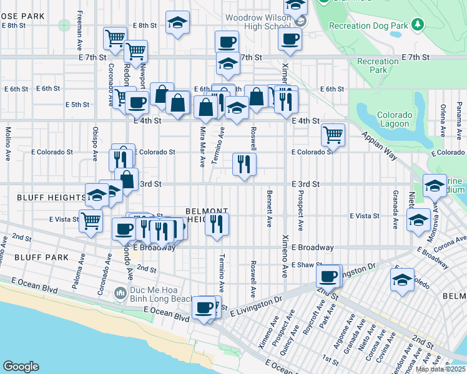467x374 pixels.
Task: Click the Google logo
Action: [21, 367]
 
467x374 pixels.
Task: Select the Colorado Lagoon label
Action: [395, 120]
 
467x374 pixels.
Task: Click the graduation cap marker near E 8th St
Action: [178, 22]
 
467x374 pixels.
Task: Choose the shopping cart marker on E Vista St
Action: [91, 220]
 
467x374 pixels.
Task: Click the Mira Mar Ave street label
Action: [202, 148]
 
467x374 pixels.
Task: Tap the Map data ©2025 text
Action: [440, 369]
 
